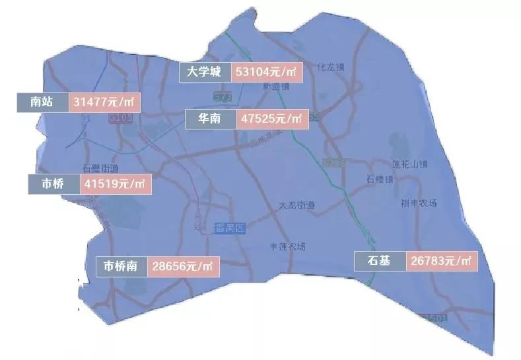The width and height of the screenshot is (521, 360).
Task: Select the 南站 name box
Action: (x=41, y=102)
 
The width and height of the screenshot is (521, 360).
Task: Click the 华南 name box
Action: (x=210, y=119)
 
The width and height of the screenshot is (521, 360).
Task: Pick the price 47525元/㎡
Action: (x=271, y=119)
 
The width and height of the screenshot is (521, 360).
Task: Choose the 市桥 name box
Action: (x=53, y=184)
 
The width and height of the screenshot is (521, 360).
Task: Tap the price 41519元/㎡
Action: (x=115, y=184)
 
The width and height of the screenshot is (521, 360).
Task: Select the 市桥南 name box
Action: (x=121, y=266)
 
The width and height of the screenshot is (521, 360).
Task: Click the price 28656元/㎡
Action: (x=183, y=266)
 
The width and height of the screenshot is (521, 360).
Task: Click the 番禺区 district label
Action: (x=230, y=229)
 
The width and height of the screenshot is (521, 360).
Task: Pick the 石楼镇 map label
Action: (x=380, y=179)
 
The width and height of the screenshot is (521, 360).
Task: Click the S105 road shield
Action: (x=120, y=118)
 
